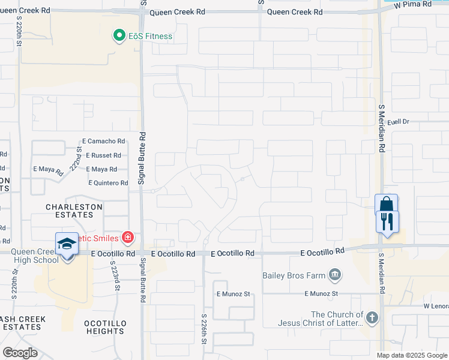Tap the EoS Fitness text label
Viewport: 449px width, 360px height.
[x=150, y=37]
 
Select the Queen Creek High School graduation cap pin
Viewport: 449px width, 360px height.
[x=67, y=245]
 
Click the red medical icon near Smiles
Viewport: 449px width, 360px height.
[x=127, y=238]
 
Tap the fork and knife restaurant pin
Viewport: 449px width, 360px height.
[x=388, y=222]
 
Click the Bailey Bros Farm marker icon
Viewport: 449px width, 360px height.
[x=335, y=275]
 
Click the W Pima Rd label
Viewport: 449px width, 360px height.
[x=413, y=4]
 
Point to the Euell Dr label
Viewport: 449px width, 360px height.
[x=397, y=121]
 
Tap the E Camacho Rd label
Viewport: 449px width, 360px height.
[x=104, y=141]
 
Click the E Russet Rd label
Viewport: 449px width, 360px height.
[x=104, y=155]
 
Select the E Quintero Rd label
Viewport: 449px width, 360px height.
[x=108, y=183]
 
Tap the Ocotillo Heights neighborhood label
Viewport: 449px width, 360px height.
[x=105, y=327]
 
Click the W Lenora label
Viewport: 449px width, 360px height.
[x=436, y=306]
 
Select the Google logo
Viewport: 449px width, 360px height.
[x=20, y=353]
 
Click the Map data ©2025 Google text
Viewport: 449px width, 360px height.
[x=411, y=355]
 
